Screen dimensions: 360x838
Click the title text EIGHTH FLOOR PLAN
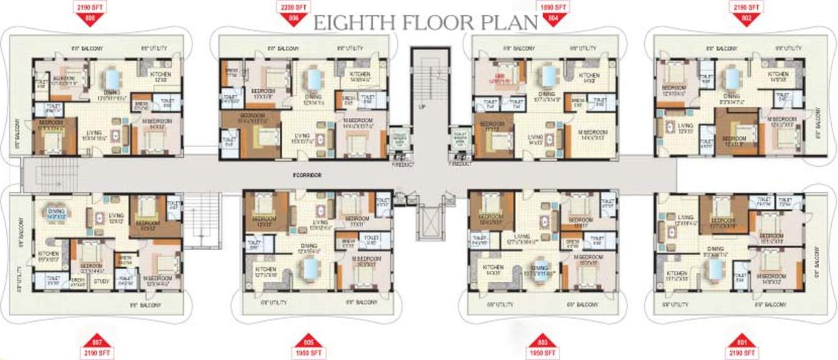pyautogui.click(x=426, y=23)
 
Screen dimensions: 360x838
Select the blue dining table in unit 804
pyautogui.click(x=548, y=76)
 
